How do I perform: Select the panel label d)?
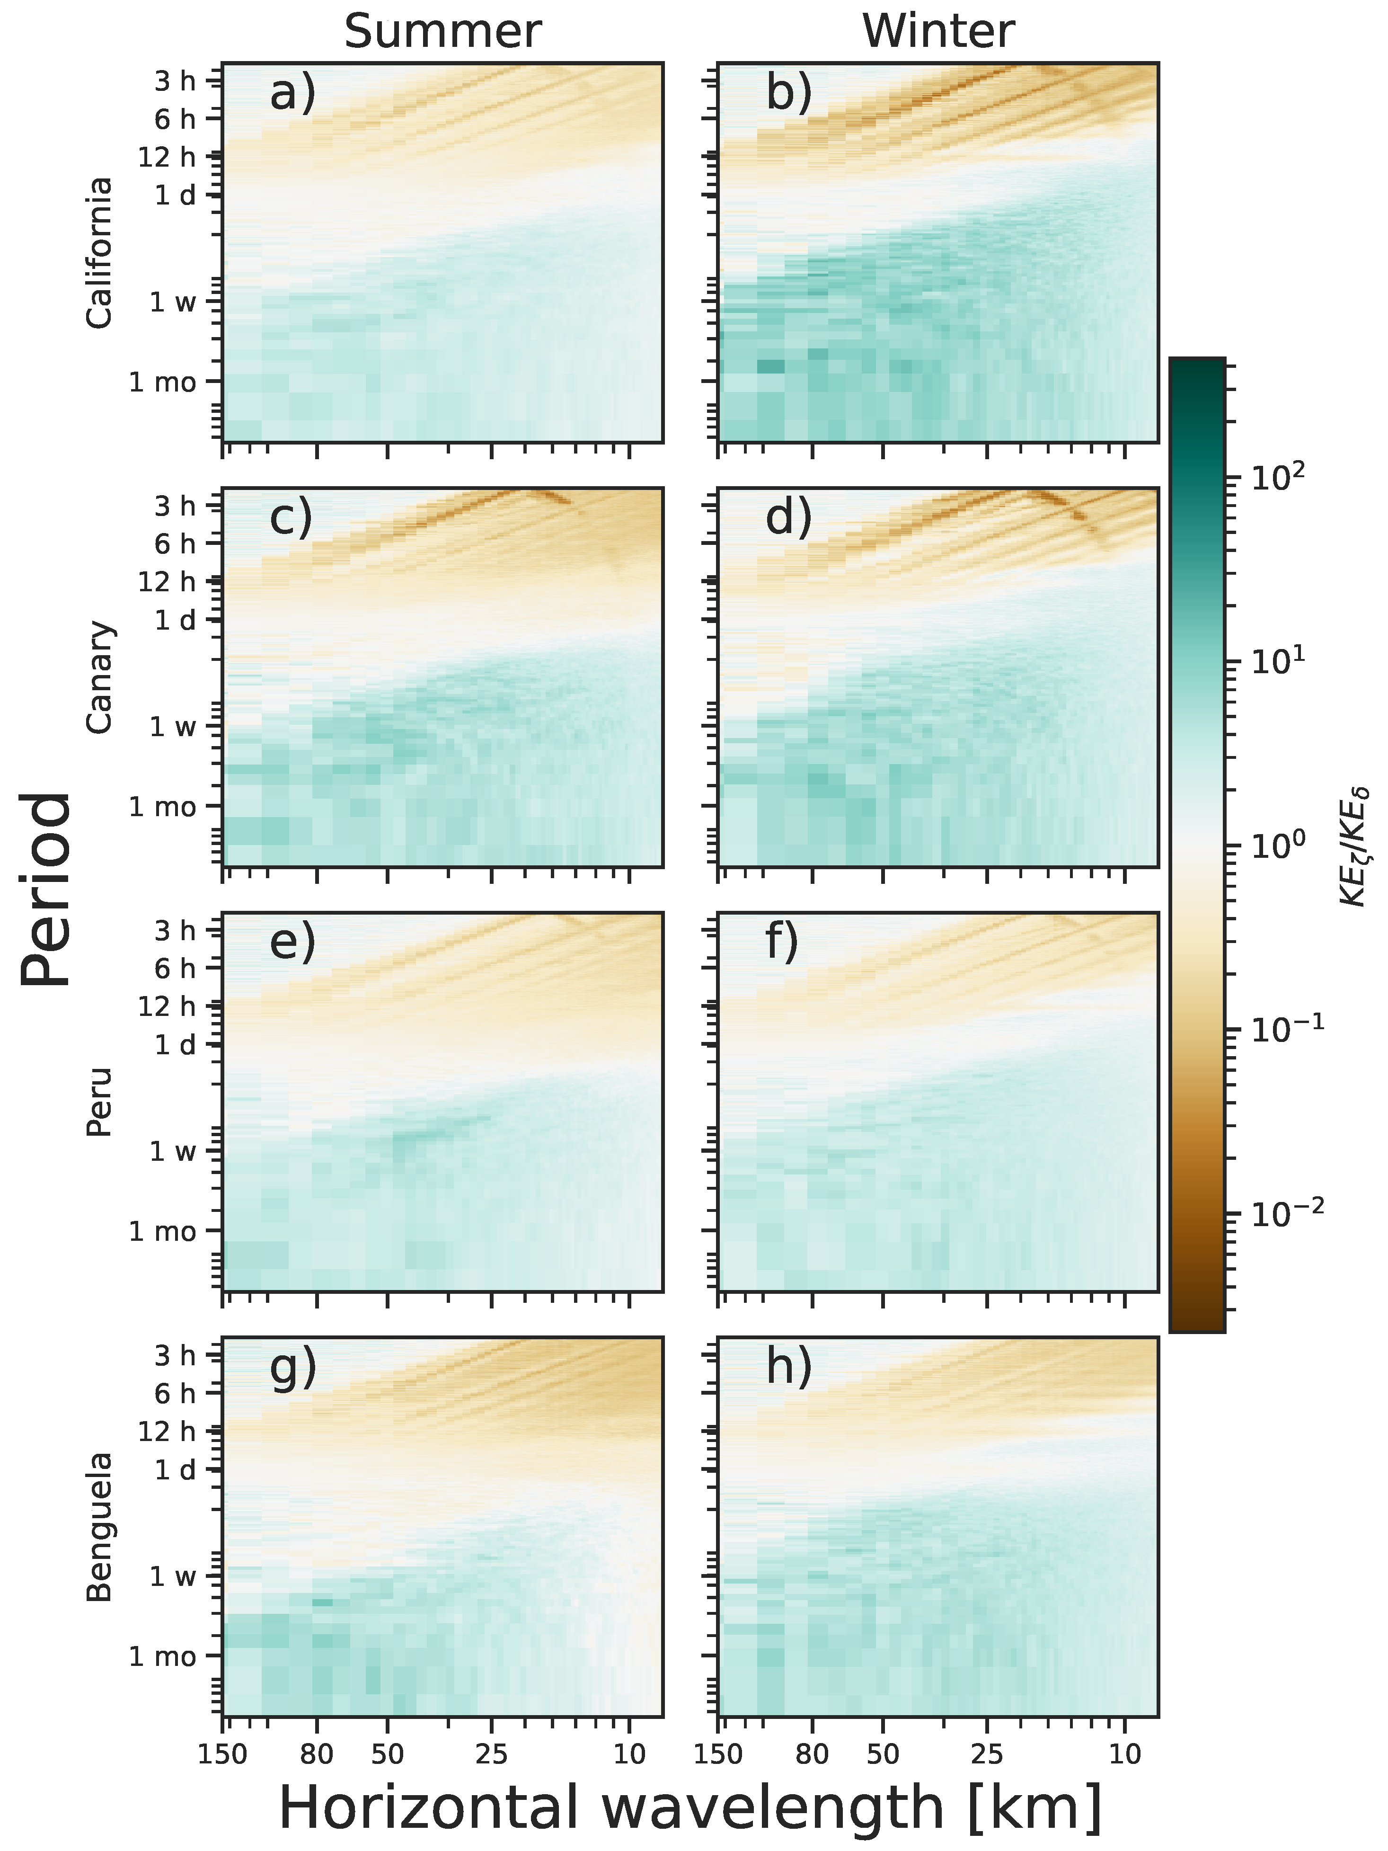click(788, 517)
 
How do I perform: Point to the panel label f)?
click(782, 942)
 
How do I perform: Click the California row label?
click(99, 253)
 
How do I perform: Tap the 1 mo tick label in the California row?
click(162, 383)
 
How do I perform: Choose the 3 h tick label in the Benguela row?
click(175, 1355)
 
